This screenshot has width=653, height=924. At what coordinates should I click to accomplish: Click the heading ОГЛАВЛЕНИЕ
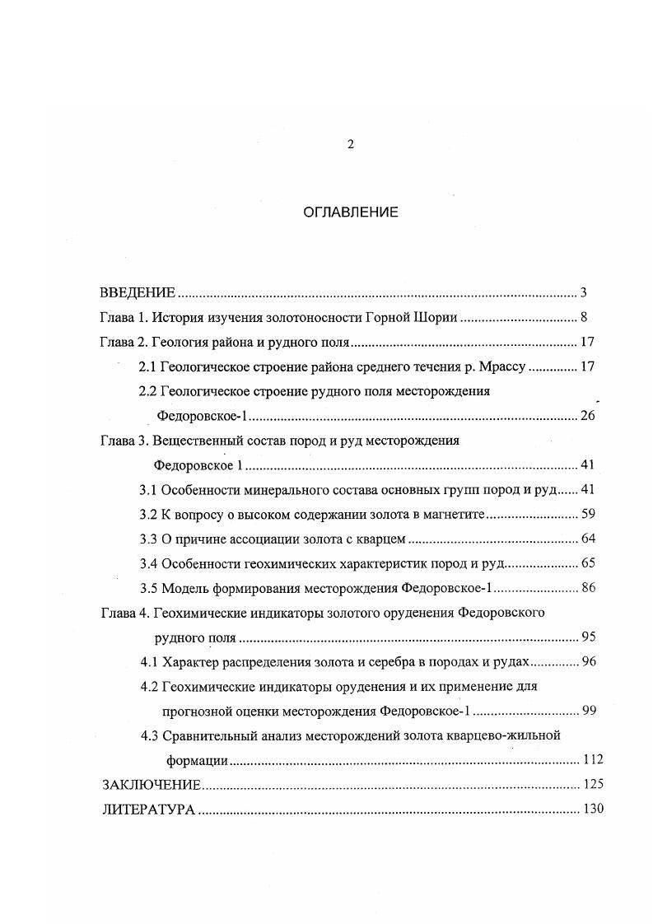(x=351, y=212)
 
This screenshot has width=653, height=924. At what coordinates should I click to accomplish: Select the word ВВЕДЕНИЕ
(x=138, y=292)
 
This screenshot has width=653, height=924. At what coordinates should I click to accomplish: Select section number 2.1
(x=147, y=366)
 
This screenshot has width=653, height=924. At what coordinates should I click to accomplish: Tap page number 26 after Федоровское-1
(x=586, y=415)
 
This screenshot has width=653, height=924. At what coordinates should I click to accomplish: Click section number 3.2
(x=148, y=515)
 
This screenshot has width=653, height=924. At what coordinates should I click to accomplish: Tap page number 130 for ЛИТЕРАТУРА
(x=593, y=809)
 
